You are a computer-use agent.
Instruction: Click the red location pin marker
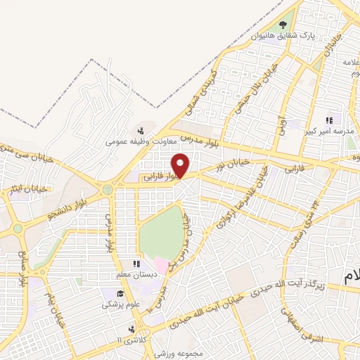[x=181, y=165]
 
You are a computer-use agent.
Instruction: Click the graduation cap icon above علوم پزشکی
[x=120, y=293]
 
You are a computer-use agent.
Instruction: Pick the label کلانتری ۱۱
[x=130, y=340]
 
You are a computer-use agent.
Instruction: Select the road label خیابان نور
[x=232, y=165]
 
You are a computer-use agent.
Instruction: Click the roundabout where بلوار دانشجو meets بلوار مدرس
[x=108, y=188]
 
